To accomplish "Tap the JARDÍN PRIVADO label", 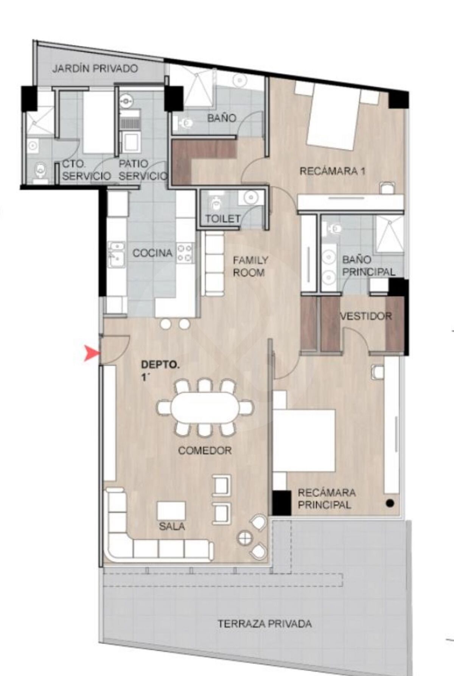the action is click(x=95, y=69).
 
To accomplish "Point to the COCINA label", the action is click(x=152, y=253).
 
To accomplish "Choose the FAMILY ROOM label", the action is click(x=250, y=266).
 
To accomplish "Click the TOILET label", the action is click(x=223, y=219).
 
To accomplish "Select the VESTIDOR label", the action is click(x=366, y=315).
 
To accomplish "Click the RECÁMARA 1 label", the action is click(x=333, y=171).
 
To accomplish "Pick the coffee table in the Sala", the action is click(x=171, y=511).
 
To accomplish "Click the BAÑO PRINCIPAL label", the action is click(x=368, y=266).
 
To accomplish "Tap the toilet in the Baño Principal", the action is click(x=333, y=228).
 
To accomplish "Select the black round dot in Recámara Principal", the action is click(x=390, y=504).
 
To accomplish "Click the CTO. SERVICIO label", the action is click(x=86, y=170).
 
